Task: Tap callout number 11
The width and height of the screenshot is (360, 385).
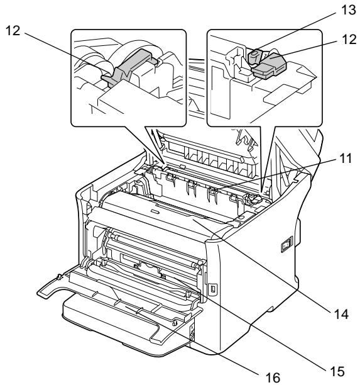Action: (346, 158)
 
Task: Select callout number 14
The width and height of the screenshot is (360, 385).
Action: (341, 314)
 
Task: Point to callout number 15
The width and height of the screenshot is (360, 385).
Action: (337, 372)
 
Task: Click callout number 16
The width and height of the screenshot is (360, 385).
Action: (273, 377)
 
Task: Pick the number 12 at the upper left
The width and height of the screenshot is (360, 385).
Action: (13, 31)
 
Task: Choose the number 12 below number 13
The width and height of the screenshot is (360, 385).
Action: (349, 39)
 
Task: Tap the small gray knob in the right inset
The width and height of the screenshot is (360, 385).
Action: (254, 57)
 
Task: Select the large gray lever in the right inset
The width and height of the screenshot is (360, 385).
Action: (270, 66)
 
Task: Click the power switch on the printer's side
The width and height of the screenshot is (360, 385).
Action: (286, 244)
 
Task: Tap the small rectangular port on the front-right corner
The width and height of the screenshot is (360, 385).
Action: (212, 289)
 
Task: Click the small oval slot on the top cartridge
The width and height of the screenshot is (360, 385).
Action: (155, 211)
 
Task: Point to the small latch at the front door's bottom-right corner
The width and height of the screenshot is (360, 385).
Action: (175, 323)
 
